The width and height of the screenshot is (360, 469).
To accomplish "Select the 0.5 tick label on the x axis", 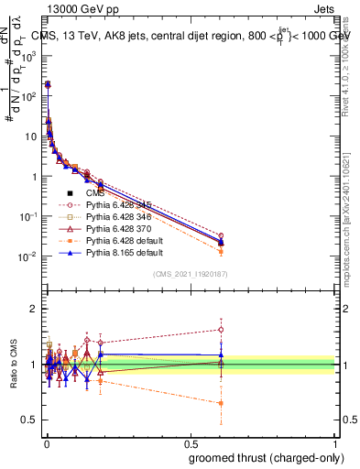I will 190,442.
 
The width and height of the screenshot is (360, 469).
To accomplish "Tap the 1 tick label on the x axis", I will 335,442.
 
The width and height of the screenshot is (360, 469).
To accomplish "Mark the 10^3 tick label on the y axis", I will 28,55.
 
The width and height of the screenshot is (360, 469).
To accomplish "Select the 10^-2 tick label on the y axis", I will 28,257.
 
